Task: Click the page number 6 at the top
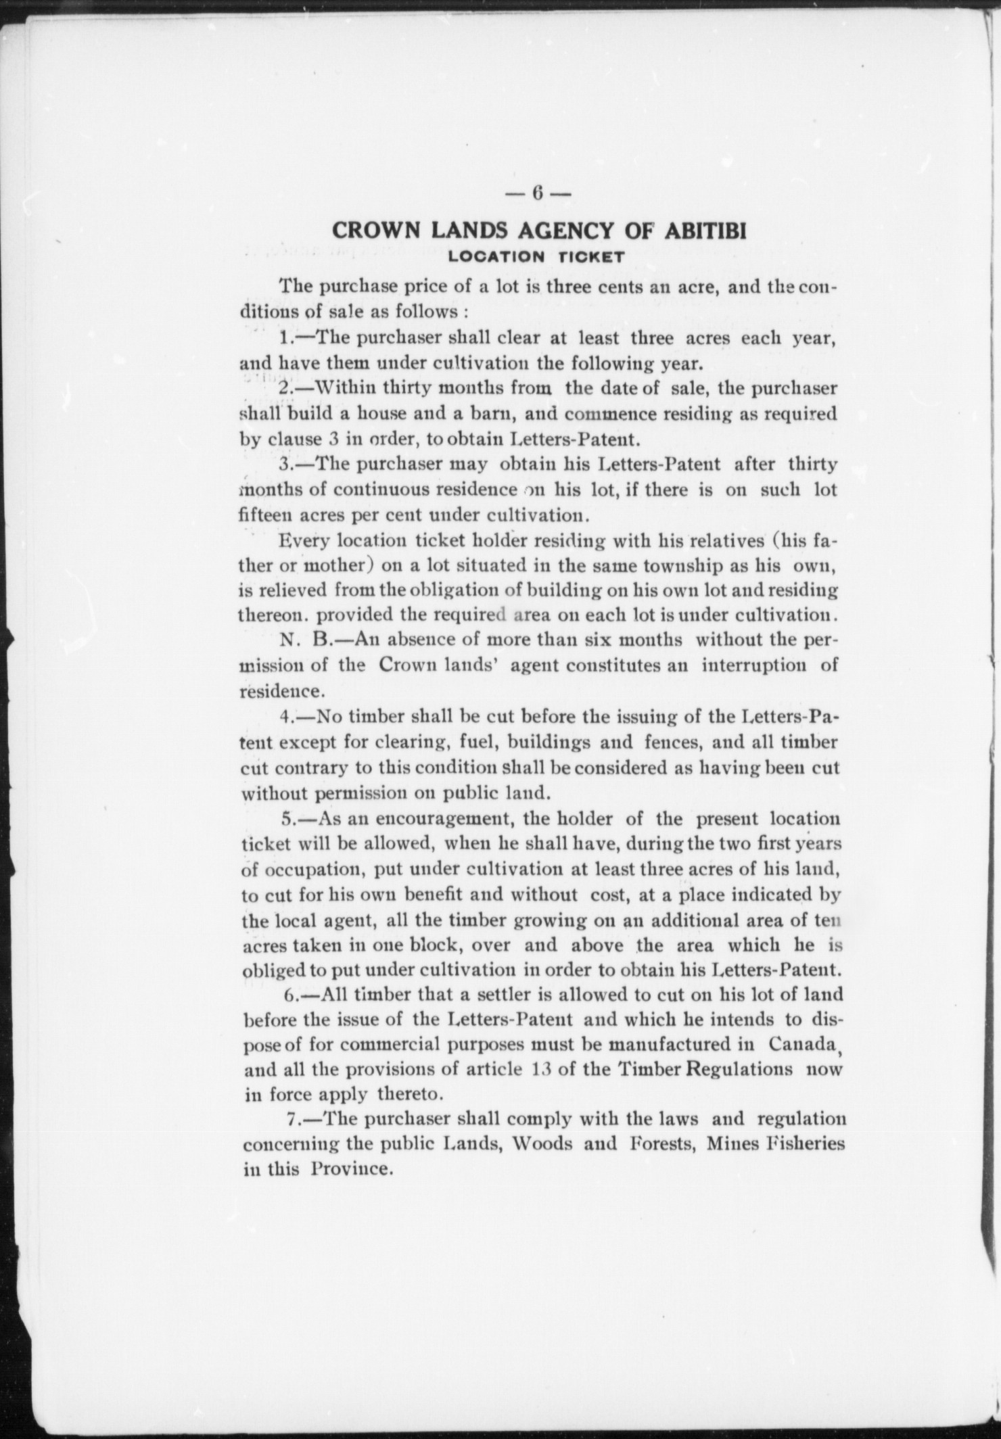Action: [538, 193]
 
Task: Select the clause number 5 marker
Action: [287, 820]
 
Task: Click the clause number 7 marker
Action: [294, 1119]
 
